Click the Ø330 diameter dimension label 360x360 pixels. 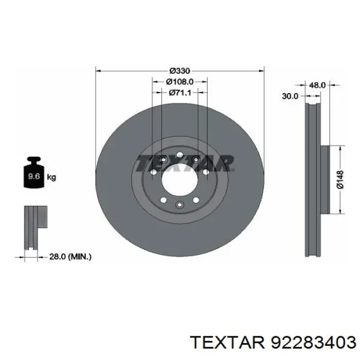180,71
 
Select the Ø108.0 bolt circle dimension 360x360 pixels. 180,81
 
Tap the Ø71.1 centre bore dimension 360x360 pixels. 180,93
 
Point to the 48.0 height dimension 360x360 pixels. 317,85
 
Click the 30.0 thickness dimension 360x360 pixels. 290,96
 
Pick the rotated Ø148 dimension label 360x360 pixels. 340,180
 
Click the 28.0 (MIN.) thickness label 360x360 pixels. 70,257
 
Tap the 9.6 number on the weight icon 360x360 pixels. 34,176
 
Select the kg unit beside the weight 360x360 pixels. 51,177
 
